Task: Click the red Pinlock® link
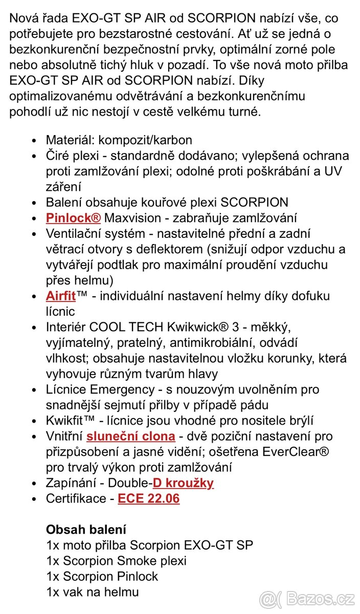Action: coord(73,217)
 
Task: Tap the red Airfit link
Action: coord(61,296)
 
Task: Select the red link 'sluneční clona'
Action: coord(131,436)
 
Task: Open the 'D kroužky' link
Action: coord(183,483)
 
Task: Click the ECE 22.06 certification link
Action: coord(149,498)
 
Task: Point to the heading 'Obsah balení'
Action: coord(86,530)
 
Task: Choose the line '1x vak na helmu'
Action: coord(92,592)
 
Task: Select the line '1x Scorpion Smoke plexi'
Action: coord(116,561)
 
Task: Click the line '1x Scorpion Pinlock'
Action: coord(102,576)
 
